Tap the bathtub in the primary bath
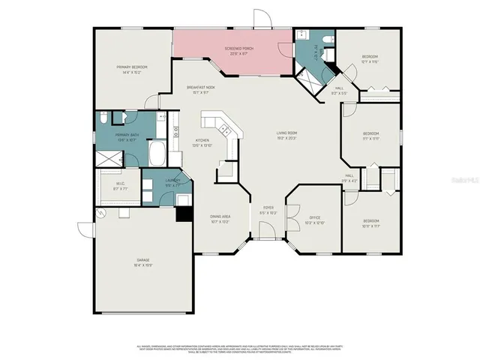click(x=158, y=155)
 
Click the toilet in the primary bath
click(x=119, y=118)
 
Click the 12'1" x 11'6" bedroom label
click(x=370, y=59)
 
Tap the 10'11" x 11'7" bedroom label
click(x=370, y=223)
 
